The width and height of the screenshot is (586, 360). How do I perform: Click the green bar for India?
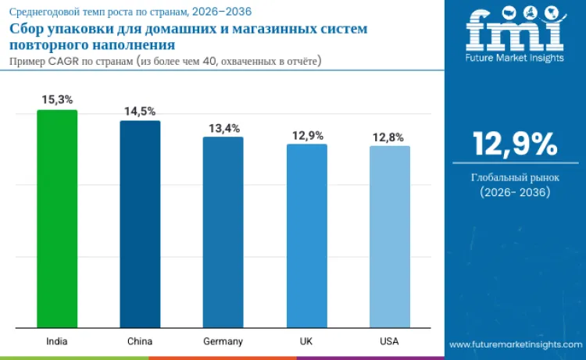(57, 219)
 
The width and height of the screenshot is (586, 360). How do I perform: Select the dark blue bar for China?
(140, 224)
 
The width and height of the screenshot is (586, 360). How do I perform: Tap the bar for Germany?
(223, 232)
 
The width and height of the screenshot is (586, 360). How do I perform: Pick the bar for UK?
(306, 236)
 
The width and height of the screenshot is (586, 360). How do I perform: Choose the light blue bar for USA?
(389, 237)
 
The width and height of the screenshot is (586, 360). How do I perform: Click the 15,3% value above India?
(57, 100)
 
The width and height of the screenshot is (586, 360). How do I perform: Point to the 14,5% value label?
(140, 111)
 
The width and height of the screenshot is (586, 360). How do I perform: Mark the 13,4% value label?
(223, 128)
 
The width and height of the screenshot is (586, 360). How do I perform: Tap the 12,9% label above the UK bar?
(307, 135)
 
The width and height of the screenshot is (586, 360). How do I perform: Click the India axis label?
(57, 341)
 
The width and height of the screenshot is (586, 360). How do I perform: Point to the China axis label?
(140, 341)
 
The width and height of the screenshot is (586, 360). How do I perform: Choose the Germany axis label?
(223, 341)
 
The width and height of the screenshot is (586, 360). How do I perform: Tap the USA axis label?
(389, 341)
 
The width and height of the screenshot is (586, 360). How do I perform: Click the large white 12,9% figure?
(515, 144)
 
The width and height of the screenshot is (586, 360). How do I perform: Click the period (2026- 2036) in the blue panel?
(515, 193)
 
